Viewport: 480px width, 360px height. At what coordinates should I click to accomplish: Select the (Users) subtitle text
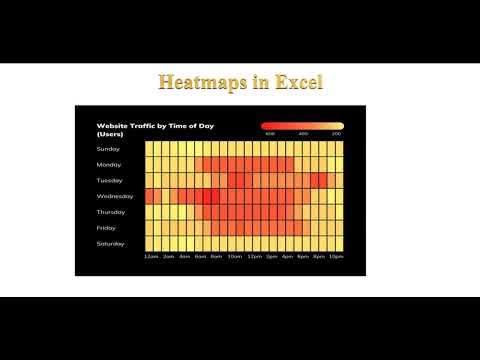tap(110, 134)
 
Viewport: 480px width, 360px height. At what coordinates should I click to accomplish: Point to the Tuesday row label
tap(110, 180)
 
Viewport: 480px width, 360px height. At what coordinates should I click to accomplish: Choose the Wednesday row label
tap(114, 196)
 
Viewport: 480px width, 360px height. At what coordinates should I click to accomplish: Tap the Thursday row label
tap(111, 212)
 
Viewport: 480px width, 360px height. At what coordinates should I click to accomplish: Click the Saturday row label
tap(111, 244)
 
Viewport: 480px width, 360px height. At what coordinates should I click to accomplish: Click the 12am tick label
tap(151, 257)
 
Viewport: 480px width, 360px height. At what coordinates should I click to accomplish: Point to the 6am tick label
tap(200, 257)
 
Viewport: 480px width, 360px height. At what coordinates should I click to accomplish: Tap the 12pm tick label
tap(254, 257)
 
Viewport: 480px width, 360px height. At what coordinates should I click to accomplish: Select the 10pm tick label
tap(337, 257)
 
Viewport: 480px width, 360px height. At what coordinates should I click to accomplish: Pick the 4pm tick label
tap(287, 257)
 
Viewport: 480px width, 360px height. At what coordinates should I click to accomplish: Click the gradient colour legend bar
tap(302, 126)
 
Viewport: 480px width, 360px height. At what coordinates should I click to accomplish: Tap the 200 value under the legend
tap(337, 134)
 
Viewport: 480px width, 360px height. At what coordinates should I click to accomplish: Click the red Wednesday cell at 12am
tap(151, 196)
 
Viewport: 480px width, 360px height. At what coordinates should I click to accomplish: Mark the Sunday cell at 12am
tap(151, 148)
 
